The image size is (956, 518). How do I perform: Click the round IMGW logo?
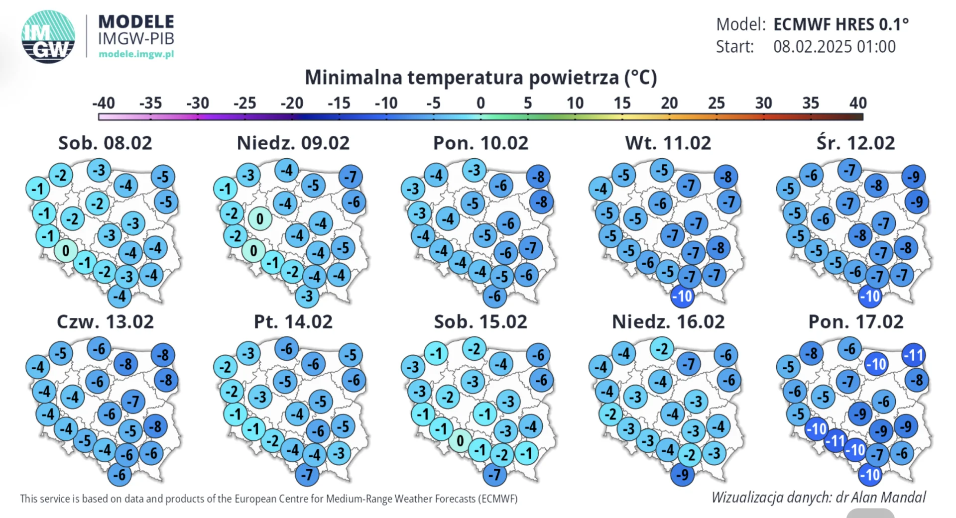[48, 37]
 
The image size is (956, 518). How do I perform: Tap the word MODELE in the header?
[136, 22]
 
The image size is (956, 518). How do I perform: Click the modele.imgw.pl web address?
[136, 54]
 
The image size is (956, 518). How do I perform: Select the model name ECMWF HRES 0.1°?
[841, 24]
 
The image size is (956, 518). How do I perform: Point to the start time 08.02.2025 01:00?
[835, 46]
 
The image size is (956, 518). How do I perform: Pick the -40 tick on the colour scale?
[104, 103]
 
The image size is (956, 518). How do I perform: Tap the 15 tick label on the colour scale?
[622, 103]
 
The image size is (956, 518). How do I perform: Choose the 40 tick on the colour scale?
[858, 103]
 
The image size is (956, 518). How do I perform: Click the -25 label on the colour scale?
[245, 103]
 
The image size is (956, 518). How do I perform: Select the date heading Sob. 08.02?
[105, 143]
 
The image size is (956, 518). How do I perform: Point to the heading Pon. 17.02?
[855, 321]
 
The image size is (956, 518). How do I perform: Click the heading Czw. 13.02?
[105, 321]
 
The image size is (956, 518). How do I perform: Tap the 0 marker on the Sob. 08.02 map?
[66, 251]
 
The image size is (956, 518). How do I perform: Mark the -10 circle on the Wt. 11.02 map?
[682, 297]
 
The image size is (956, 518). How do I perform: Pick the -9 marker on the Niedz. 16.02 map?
[682, 475]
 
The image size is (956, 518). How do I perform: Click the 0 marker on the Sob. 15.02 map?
[460, 440]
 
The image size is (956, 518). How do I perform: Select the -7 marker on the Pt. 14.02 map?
[307, 475]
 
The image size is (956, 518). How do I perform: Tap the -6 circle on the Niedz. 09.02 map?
[354, 202]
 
